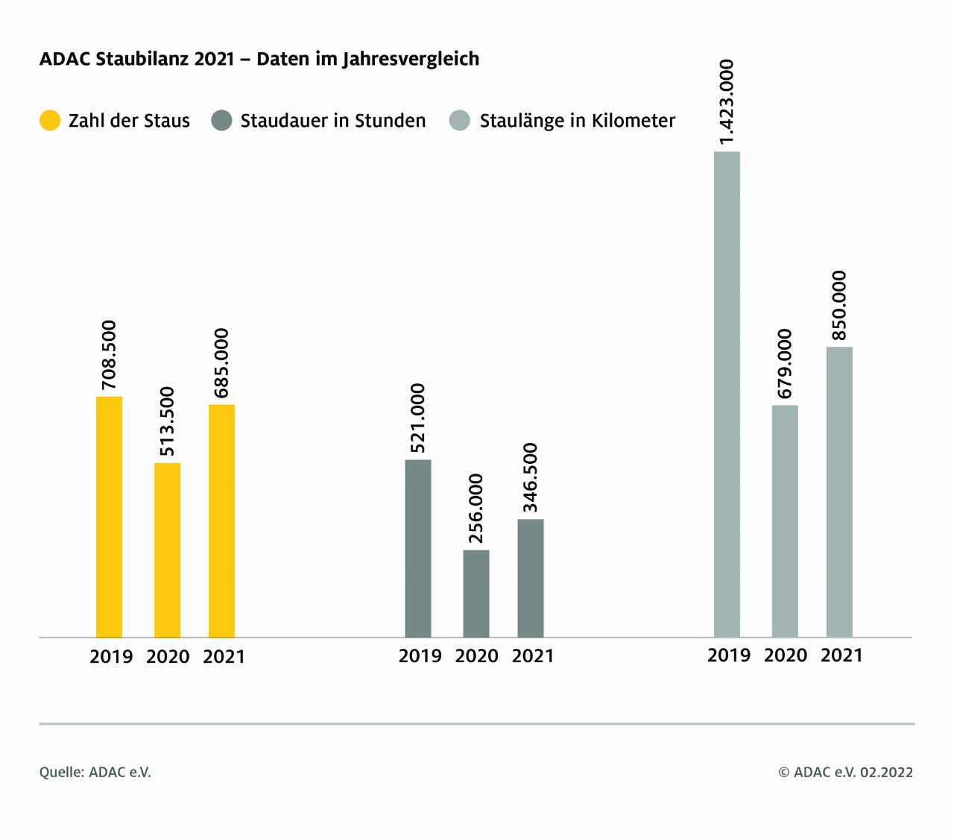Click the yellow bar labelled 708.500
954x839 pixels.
109,517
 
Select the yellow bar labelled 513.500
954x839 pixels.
167,550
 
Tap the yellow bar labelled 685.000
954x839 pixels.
221,521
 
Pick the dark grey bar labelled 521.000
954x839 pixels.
418,548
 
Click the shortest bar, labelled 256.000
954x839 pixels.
476,594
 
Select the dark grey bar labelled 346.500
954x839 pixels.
531,578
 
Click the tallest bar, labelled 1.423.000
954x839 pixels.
727,395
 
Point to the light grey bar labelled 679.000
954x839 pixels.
785,521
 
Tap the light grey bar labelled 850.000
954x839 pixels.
839,492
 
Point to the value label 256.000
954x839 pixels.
476,509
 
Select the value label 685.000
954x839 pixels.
221,363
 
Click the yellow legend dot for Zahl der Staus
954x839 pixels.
50,121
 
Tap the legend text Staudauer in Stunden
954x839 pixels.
332,121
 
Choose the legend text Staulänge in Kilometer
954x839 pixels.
577,121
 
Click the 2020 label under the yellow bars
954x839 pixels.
167,657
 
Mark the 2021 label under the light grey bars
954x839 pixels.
841,656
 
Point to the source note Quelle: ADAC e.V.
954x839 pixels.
95,773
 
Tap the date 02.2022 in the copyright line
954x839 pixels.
886,773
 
